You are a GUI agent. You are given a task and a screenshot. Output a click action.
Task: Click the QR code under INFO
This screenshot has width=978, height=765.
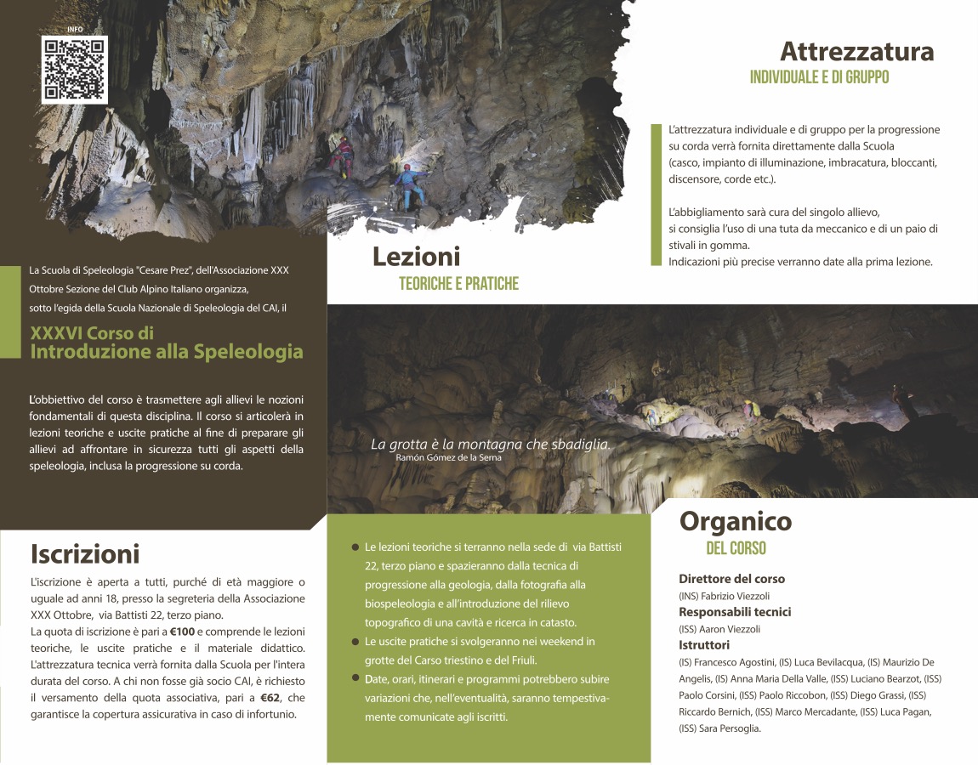[75, 70]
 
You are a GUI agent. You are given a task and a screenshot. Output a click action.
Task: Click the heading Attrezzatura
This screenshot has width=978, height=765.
[856, 52]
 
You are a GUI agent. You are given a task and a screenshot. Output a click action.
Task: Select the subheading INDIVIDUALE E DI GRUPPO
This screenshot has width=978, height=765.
[819, 77]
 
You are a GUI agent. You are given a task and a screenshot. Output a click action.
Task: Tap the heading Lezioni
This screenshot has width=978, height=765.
[416, 256]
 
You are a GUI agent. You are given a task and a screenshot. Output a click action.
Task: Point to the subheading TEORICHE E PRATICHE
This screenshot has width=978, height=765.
[458, 284]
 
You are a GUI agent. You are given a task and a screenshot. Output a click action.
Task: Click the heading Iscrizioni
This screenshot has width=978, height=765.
[85, 554]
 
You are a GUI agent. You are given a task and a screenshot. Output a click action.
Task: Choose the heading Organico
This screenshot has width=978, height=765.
[735, 520]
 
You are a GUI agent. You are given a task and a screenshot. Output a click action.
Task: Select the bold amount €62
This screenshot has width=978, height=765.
[270, 698]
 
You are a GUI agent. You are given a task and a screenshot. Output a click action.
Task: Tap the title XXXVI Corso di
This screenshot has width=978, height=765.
[92, 333]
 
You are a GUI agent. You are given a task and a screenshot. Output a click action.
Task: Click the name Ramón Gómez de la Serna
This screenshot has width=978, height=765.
[448, 457]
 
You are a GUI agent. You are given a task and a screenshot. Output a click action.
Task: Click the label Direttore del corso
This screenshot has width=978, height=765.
[731, 579]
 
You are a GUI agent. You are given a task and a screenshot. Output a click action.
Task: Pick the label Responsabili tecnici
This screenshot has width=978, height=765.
[735, 612]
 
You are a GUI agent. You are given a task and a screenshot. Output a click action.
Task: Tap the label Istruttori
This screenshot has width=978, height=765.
[704, 645]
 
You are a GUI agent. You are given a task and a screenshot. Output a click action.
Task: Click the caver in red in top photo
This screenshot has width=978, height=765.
[344, 153]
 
